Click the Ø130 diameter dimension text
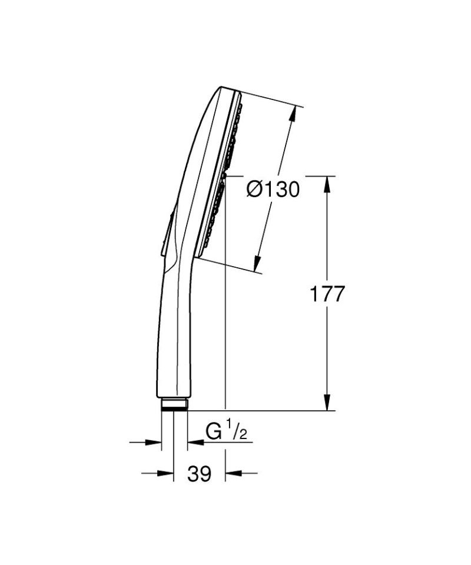click(273, 190)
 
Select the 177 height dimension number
click(327, 294)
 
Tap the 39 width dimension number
click(199, 473)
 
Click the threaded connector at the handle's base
click(174, 404)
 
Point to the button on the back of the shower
click(167, 232)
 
